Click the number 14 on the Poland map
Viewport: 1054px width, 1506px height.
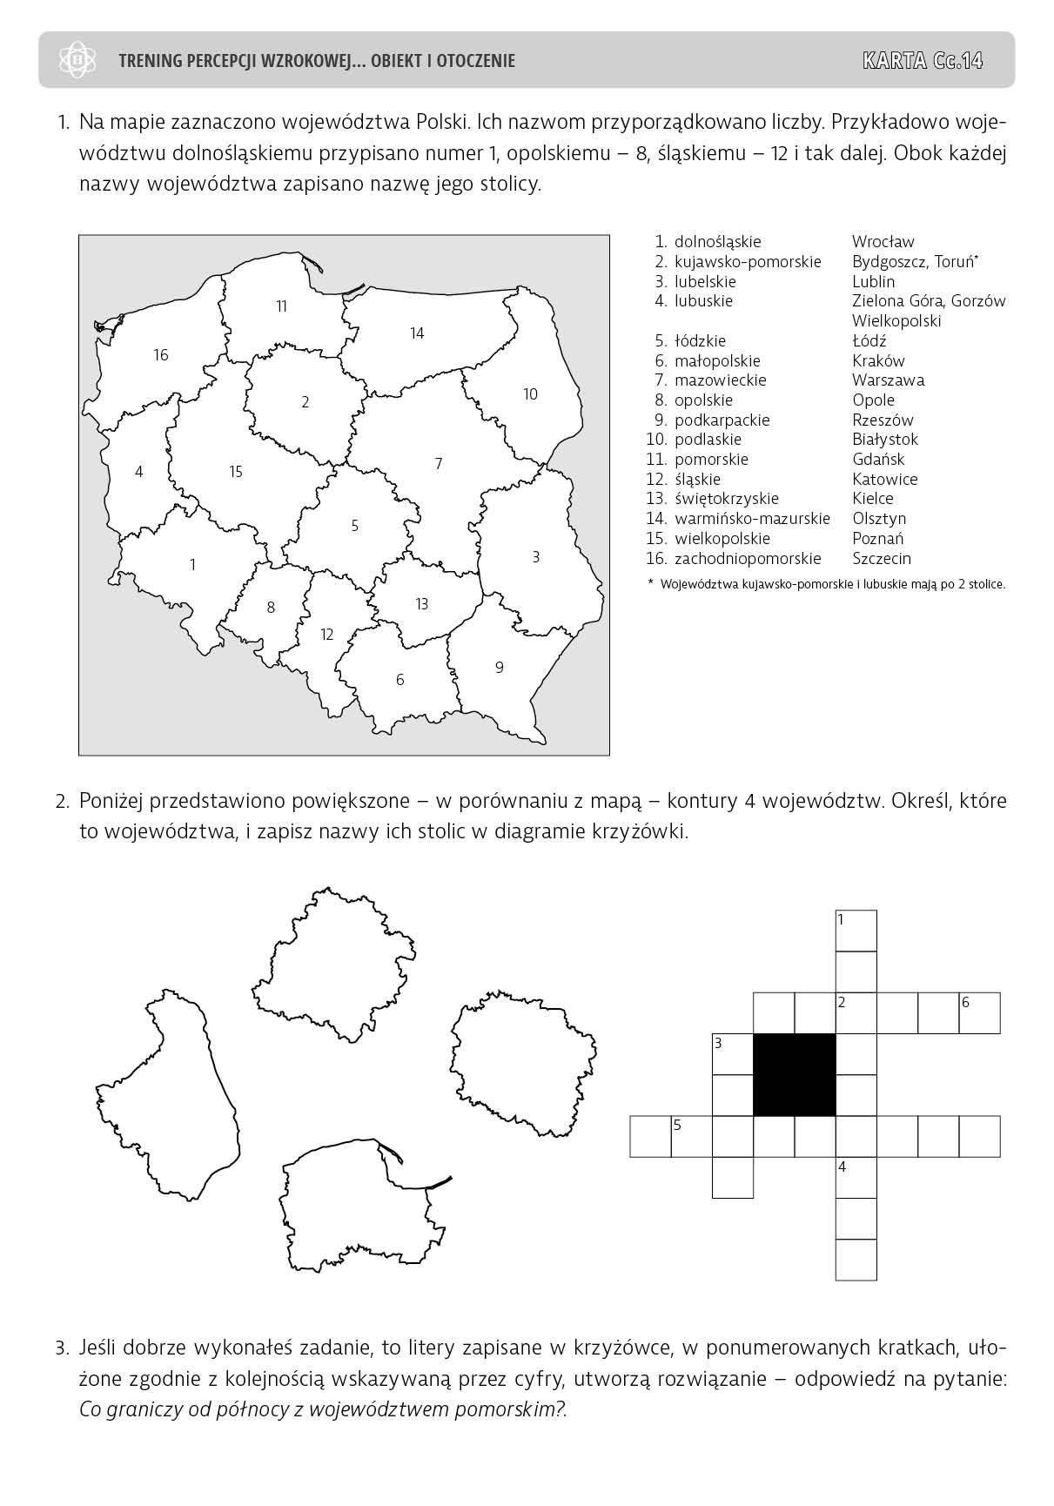(417, 333)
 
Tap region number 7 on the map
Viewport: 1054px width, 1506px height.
(439, 464)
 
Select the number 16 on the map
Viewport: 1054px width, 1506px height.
(161, 355)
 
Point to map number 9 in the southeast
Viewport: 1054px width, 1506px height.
(499, 668)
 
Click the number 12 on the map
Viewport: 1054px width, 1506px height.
(327, 635)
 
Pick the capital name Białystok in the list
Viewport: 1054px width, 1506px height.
(885, 440)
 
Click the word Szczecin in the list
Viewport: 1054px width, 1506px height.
(882, 559)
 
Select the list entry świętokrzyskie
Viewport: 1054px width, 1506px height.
(726, 499)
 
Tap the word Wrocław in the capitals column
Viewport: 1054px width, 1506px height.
(883, 242)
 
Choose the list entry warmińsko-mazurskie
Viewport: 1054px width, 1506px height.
(752, 519)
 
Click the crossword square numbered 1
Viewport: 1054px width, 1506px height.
(856, 930)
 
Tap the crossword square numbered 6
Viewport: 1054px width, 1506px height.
(979, 1012)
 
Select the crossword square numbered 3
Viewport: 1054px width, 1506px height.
(732, 1053)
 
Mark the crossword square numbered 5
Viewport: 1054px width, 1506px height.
(691, 1136)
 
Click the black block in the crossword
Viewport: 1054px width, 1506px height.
(794, 1074)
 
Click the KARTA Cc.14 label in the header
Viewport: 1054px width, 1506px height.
(923, 60)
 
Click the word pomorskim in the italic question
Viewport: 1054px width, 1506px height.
(508, 1409)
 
